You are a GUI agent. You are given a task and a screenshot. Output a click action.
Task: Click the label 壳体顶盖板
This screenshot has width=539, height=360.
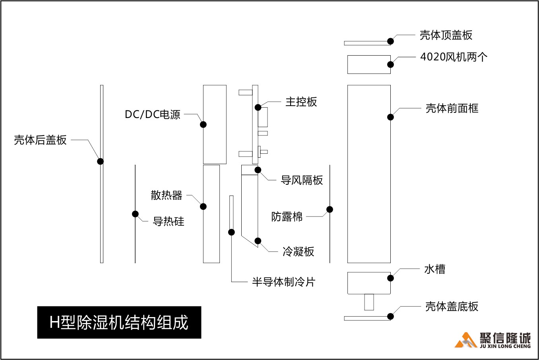click(446, 35)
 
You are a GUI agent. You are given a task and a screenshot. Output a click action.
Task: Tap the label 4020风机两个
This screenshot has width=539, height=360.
click(454, 57)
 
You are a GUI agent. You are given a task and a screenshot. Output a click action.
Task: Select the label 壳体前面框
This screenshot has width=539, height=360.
click(452, 108)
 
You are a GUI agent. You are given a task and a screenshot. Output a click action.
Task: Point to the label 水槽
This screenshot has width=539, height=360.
click(434, 269)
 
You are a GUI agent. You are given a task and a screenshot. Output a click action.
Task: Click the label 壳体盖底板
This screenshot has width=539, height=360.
click(452, 307)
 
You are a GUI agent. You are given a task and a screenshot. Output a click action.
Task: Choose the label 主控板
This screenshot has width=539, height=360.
click(301, 102)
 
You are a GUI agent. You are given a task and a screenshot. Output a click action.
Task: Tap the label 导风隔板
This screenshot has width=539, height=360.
click(302, 180)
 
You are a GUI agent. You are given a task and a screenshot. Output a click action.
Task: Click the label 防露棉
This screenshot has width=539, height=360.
click(287, 217)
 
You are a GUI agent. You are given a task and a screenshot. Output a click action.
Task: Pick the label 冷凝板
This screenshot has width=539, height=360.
click(298, 252)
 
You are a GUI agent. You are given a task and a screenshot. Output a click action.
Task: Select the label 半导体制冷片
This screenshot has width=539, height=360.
click(283, 282)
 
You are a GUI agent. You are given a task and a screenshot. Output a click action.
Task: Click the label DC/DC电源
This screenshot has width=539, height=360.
click(153, 115)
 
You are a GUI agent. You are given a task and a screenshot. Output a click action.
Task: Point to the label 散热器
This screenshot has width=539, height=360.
click(166, 195)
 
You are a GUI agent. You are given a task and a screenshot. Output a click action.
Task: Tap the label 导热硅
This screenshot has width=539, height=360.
click(169, 222)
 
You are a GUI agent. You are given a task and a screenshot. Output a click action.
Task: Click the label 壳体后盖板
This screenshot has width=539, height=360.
click(40, 140)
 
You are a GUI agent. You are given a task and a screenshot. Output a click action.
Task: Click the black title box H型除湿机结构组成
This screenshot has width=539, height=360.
click(119, 322)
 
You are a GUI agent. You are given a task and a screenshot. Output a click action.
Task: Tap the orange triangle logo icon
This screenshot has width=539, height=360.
click(465, 341)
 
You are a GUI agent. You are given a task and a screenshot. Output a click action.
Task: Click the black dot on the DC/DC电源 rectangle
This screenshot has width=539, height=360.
click(203, 124)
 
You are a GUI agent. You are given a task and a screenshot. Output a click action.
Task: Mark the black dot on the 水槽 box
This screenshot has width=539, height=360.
click(390, 278)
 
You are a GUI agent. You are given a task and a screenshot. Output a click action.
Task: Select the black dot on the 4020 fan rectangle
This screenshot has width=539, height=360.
click(390, 64)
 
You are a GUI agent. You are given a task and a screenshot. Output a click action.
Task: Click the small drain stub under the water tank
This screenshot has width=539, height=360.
click(369, 302)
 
